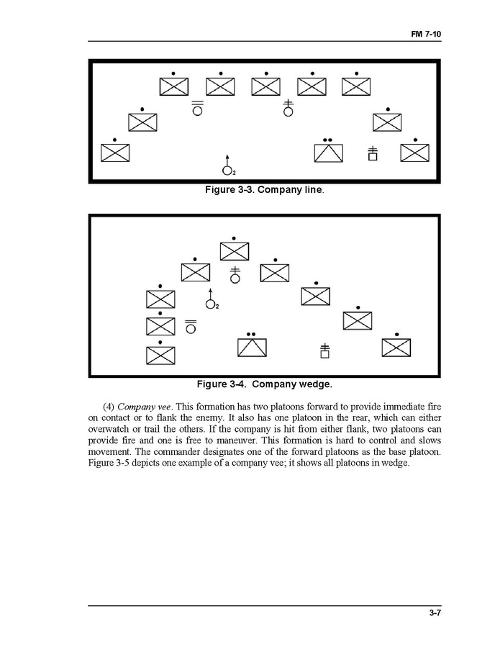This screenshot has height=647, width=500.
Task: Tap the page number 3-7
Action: tap(433, 613)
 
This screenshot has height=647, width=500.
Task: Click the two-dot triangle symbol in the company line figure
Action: tap(328, 153)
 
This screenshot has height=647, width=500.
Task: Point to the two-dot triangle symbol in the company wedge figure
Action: tap(252, 346)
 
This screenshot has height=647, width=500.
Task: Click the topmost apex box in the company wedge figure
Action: tap(235, 250)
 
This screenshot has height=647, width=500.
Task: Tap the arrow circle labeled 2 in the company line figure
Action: tap(227, 170)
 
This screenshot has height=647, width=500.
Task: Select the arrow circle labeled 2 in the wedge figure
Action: tap(210, 304)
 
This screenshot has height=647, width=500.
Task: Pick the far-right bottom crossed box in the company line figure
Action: tap(414, 153)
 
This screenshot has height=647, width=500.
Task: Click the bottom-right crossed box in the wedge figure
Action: tap(396, 347)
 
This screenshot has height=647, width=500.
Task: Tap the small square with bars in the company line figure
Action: tap(373, 155)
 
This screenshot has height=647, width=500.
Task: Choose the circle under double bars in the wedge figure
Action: tap(191, 329)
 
